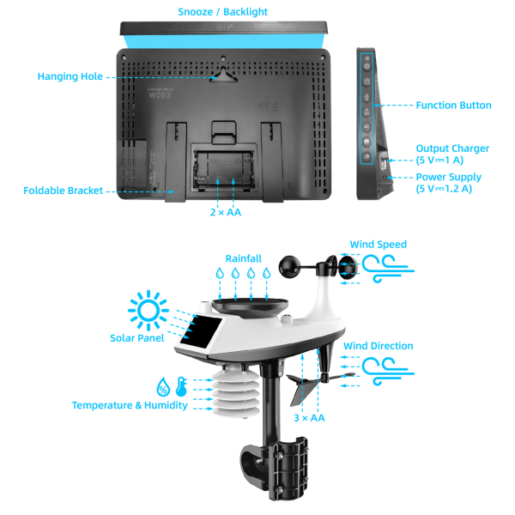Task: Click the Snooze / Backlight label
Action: pyautogui.click(x=223, y=12)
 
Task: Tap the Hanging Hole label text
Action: pyautogui.click(x=70, y=77)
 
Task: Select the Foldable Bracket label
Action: pyautogui.click(x=64, y=191)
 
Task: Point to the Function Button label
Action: pyautogui.click(x=453, y=106)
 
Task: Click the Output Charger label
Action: pyautogui.click(x=452, y=148)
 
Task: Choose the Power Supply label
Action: pyautogui.click(x=448, y=177)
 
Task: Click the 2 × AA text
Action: pyautogui.click(x=225, y=211)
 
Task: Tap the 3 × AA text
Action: pyautogui.click(x=309, y=418)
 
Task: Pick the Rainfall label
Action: pyautogui.click(x=243, y=257)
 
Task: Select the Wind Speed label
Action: pyautogui.click(x=379, y=245)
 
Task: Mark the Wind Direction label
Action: pyautogui.click(x=378, y=346)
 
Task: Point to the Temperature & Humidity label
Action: pyautogui.click(x=130, y=405)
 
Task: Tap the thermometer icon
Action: pyautogui.click(x=180, y=385)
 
